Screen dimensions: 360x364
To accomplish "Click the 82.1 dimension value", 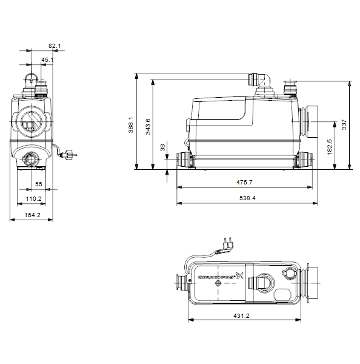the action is [x=55, y=45].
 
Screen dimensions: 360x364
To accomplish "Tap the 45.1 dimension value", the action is [x=47, y=60].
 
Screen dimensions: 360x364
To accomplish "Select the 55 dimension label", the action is [x=39, y=184].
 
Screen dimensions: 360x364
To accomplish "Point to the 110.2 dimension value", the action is [x=33, y=199].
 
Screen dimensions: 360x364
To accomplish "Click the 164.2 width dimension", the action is [x=33, y=215].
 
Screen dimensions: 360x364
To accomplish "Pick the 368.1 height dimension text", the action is [x=131, y=125].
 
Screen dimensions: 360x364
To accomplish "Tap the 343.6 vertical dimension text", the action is [x=148, y=127].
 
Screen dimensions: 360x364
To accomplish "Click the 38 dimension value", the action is [x=162, y=147].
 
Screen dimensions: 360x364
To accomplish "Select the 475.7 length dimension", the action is [x=244, y=182].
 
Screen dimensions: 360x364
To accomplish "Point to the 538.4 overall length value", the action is [x=247, y=198].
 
